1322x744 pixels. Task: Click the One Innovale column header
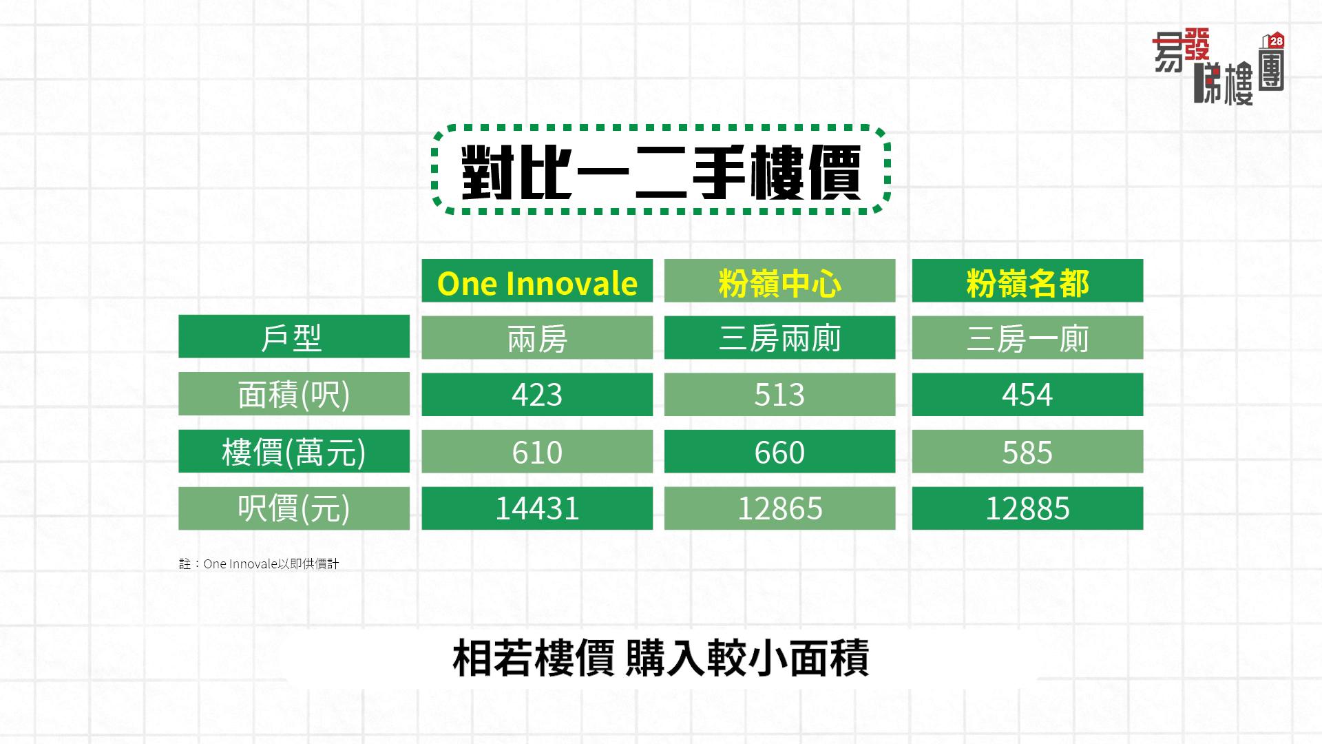[537, 280]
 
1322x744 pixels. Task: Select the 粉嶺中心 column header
[779, 280]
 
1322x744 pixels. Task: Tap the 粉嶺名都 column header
[1027, 280]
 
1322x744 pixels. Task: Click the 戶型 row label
[294, 337]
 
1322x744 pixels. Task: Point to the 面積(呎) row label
[294, 394]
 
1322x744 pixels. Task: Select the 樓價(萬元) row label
[294, 451]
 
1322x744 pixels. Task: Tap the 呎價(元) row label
[294, 508]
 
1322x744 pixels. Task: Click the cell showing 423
[537, 394]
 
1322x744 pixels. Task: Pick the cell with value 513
[779, 394]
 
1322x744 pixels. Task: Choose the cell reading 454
[1027, 394]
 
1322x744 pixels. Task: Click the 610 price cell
[537, 451]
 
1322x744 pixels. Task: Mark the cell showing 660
[779, 451]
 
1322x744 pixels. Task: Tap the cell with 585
[1027, 451]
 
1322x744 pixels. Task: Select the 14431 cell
[537, 508]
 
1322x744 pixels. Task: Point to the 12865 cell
[779, 508]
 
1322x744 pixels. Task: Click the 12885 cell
[1027, 508]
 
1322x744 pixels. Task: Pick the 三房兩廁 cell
[779, 337]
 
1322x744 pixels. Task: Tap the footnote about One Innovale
[259, 564]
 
